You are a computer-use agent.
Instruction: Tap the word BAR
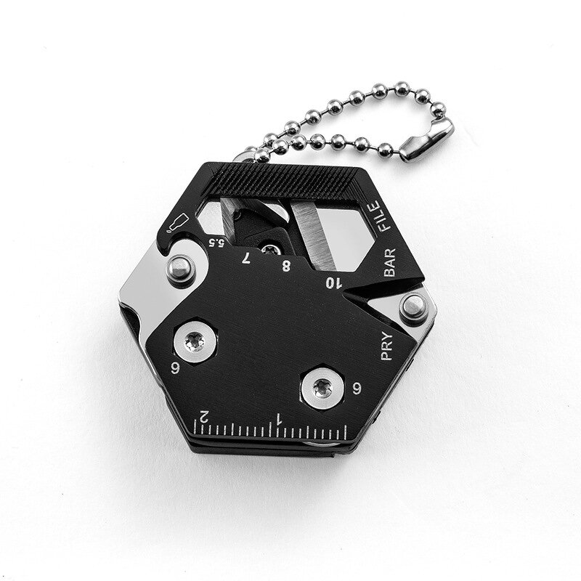391,263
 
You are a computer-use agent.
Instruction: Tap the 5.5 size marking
197,242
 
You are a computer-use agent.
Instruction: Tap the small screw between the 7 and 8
272,248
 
